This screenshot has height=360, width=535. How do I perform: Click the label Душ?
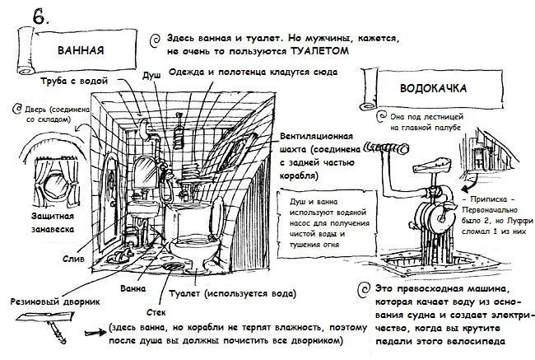coord(151,75)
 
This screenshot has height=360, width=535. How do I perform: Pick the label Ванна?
coord(133,289)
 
